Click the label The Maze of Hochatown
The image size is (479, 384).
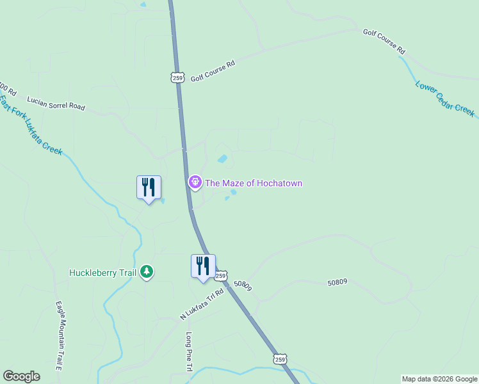(253, 183)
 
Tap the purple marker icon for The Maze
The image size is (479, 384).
(195, 183)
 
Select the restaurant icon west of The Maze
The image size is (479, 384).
(149, 188)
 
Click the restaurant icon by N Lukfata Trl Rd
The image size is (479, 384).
(203, 266)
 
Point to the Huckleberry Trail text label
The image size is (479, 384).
(102, 273)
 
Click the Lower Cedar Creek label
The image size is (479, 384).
(445, 99)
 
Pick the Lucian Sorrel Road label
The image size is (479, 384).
(56, 104)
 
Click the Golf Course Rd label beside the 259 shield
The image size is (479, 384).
(213, 69)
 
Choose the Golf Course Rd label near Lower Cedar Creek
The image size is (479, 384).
(384, 40)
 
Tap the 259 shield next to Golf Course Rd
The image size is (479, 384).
(178, 77)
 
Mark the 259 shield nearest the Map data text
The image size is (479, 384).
(280, 359)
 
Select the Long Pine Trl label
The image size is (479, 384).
(189, 351)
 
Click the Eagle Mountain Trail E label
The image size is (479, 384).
(58, 335)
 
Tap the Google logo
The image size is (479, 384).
(21, 376)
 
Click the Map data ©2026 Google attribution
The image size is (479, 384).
(439, 379)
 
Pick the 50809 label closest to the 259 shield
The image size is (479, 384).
(243, 285)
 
